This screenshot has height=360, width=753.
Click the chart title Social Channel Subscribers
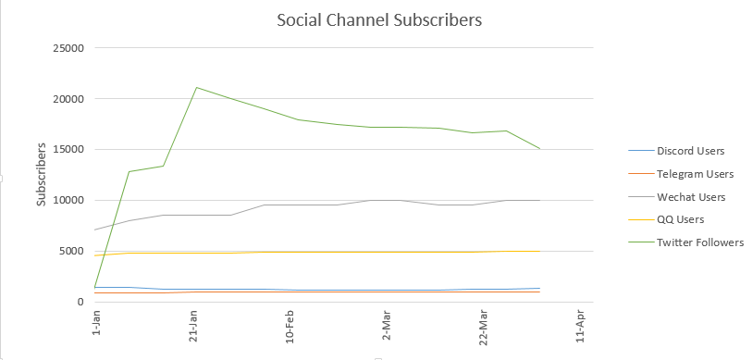(379, 20)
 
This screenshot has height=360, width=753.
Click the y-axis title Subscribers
(42, 175)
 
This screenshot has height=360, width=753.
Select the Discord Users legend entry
(676, 151)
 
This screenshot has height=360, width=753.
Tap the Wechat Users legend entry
(676, 197)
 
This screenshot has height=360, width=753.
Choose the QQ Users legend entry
(666, 219)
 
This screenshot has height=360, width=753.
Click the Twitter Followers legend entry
(685, 242)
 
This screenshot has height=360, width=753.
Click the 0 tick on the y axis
(80, 302)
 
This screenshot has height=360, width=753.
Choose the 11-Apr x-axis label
(580, 327)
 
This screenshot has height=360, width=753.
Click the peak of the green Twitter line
(196, 88)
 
